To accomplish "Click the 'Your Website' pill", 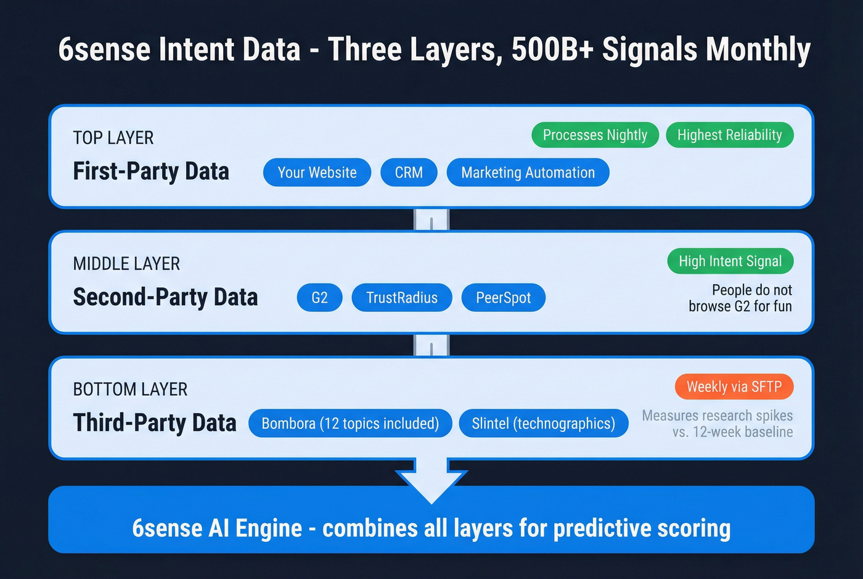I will click(317, 173).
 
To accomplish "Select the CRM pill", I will click(409, 173).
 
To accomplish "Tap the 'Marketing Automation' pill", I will click(528, 173).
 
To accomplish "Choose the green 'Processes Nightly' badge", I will click(595, 135).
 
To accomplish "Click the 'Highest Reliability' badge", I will click(729, 135).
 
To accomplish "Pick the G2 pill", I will click(319, 298).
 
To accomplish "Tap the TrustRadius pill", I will click(402, 298).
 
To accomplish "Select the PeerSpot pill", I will click(503, 298).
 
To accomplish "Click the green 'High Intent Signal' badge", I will click(730, 261).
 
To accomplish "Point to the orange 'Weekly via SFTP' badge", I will click(734, 387).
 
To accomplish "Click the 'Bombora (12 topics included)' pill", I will click(350, 424).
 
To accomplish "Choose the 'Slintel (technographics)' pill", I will click(543, 424).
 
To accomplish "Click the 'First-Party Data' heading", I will click(151, 171).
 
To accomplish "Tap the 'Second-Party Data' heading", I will click(165, 297).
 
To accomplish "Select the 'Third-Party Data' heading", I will click(155, 423).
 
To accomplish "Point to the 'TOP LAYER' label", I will click(113, 138).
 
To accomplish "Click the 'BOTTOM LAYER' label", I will click(130, 389).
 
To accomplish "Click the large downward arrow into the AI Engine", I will click(431, 481).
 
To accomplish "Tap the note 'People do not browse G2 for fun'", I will click(740, 298).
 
